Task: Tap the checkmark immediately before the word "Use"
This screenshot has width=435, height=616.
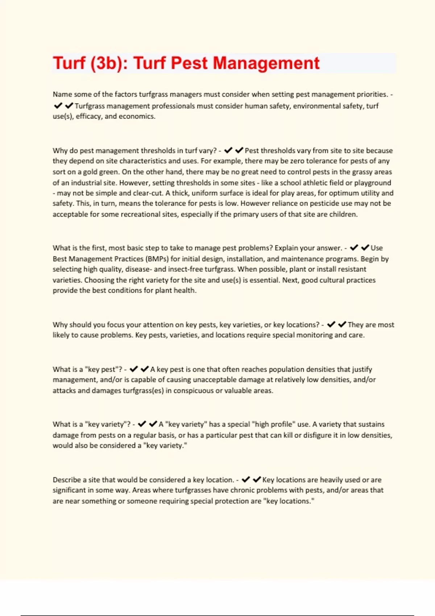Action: coord(365,248)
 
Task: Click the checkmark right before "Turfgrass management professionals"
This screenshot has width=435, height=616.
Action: coord(69,106)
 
